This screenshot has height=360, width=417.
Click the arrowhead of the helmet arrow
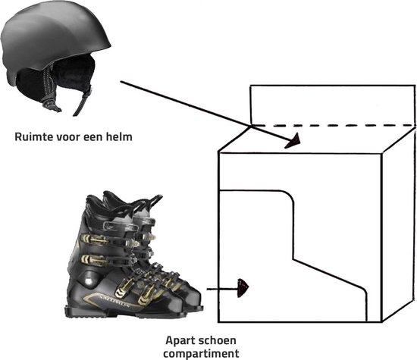(293, 141)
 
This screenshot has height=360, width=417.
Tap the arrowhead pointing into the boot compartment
(243, 288)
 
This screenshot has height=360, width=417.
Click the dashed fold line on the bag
(334, 125)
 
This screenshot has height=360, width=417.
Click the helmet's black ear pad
(74, 72)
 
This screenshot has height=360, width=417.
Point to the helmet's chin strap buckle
(51, 105)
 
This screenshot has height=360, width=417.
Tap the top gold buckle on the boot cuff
(96, 239)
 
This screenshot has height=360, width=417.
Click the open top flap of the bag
(333, 105)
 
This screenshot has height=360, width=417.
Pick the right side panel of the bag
(399, 224)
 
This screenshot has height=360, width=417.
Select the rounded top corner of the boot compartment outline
(289, 196)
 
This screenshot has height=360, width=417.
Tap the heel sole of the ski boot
(80, 311)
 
